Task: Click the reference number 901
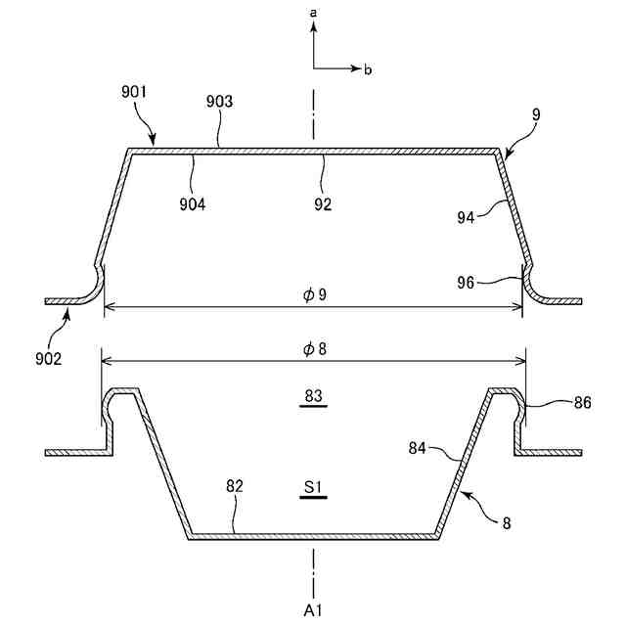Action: pyautogui.click(x=134, y=93)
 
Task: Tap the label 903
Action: pyautogui.click(x=218, y=102)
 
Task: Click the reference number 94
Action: pyautogui.click(x=466, y=217)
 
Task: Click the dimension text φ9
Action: pyautogui.click(x=314, y=294)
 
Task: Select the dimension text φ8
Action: pyautogui.click(x=314, y=349)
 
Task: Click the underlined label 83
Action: pyautogui.click(x=314, y=396)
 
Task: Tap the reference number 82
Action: pyautogui.click(x=234, y=485)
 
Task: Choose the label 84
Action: pyautogui.click(x=418, y=449)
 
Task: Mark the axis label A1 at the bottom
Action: pyautogui.click(x=314, y=610)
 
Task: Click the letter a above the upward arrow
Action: pyautogui.click(x=313, y=14)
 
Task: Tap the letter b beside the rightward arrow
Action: pyautogui.click(x=368, y=70)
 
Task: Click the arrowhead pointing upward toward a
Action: pyautogui.click(x=313, y=29)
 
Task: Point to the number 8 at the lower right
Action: pyautogui.click(x=506, y=524)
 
